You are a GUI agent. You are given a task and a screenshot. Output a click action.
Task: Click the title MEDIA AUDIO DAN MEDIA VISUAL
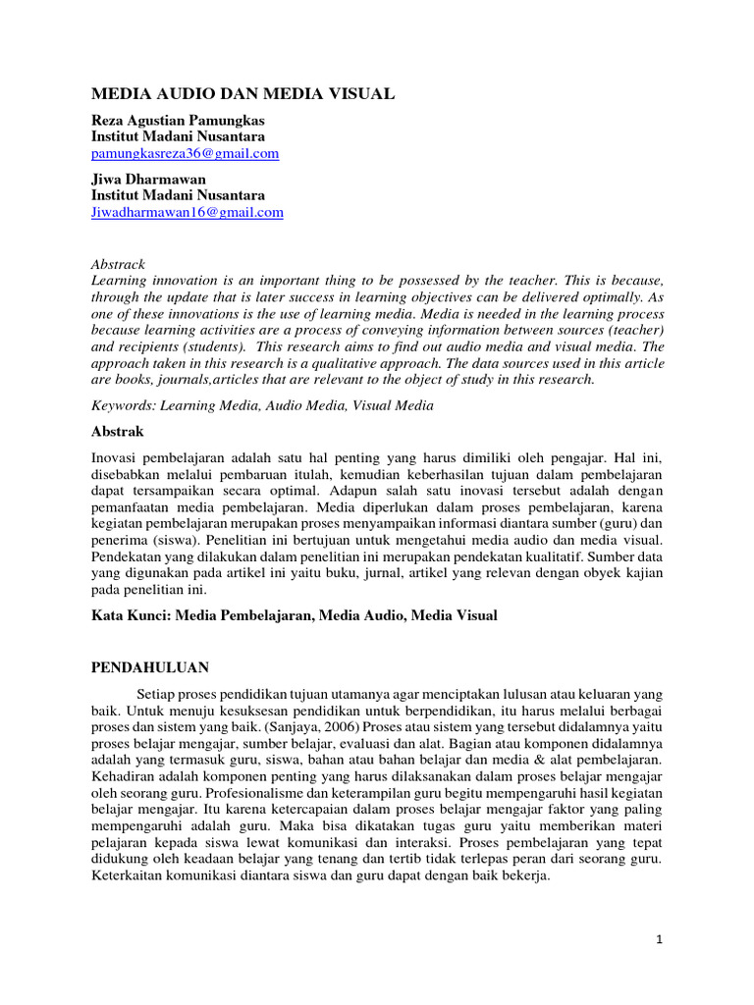[242, 94]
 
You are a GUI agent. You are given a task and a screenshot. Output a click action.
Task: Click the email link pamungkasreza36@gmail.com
[186, 154]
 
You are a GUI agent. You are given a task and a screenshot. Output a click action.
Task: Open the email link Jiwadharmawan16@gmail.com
[188, 212]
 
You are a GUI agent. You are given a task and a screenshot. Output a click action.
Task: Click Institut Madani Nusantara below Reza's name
[178, 136]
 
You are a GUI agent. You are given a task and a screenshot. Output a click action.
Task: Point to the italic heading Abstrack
[118, 264]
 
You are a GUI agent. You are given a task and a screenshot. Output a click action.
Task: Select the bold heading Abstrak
[118, 431]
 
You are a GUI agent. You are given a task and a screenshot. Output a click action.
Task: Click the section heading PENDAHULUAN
[150, 667]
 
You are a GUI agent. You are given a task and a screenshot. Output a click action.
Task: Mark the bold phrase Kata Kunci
[128, 615]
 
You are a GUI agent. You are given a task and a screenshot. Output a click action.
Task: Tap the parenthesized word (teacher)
[635, 330]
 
